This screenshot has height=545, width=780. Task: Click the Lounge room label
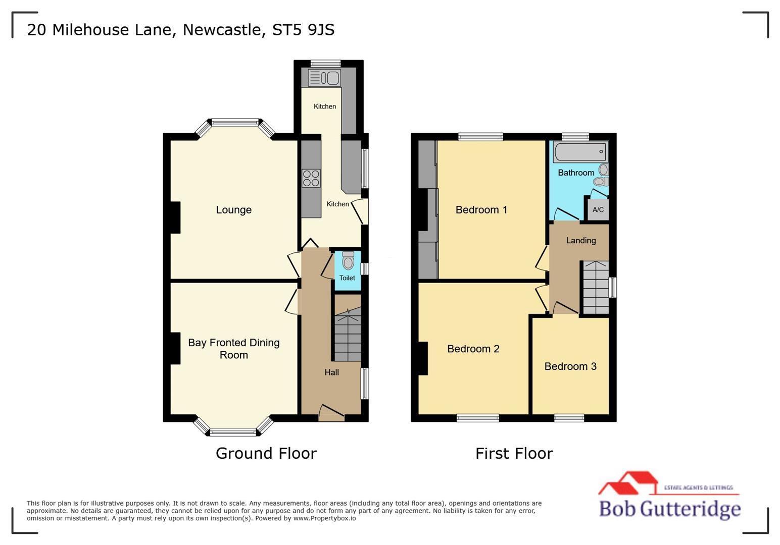coord(233,210)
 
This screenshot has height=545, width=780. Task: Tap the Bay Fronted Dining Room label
coord(233,349)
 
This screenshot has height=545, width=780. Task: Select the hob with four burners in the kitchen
coord(311,178)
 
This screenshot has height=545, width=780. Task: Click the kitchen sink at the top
coord(324,78)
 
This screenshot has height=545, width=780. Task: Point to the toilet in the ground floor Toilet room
coord(348,260)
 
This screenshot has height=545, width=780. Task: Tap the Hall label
coord(331,372)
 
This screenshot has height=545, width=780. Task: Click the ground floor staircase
coord(348,335)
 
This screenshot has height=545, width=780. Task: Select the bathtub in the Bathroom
coord(580,151)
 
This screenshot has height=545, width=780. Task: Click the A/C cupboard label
coord(598,210)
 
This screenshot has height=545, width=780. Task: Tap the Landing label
coord(581,241)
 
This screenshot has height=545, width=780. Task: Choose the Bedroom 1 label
coord(481,210)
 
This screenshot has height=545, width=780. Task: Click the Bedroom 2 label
coord(473,349)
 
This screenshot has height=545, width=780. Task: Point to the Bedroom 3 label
coord(570,366)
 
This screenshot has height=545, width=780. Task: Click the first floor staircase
coord(596,288)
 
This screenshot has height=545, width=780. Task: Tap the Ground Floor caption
coord(266,453)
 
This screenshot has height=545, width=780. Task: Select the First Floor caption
coord(514,453)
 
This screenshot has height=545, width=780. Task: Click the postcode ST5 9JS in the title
coord(303,30)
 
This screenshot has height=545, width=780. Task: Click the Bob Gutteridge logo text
coord(670,508)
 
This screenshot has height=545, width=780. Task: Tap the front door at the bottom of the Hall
coord(332,412)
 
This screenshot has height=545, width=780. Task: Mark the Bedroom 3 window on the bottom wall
coord(569,418)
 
